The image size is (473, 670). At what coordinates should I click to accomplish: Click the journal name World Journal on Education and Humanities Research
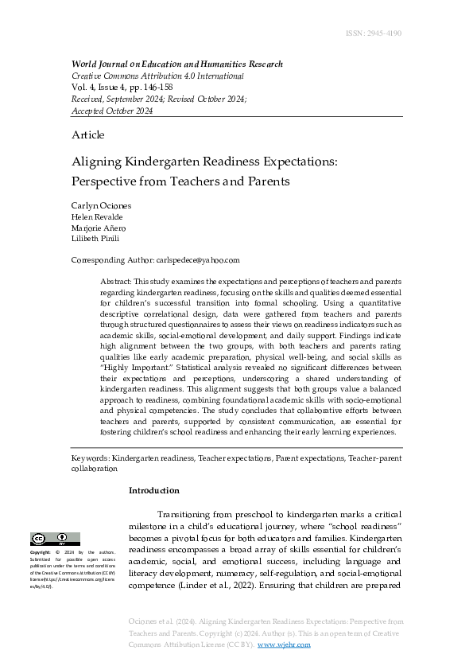pyautogui.click(x=176, y=64)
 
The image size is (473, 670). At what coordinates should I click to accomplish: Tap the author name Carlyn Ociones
pyautogui.click(x=102, y=206)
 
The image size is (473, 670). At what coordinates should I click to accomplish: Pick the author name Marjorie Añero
pyautogui.click(x=99, y=228)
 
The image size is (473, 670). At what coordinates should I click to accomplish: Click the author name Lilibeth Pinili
pyautogui.click(x=95, y=239)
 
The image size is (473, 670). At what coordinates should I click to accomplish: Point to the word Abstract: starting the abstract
pyautogui.click(x=116, y=282)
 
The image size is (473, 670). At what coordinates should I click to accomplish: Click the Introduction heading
pyautogui.click(x=153, y=490)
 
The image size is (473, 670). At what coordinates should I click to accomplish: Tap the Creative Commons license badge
pyautogui.click(x=55, y=539)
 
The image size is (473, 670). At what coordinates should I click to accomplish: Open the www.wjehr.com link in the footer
pyautogui.click(x=284, y=645)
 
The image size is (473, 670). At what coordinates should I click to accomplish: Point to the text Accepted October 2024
pyautogui.click(x=112, y=111)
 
